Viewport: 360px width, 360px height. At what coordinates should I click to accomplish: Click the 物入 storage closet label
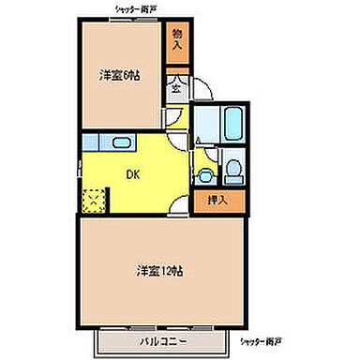[x=176, y=42]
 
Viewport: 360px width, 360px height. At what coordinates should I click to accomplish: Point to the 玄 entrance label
[x=175, y=90]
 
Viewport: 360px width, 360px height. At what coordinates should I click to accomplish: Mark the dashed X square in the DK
[x=95, y=201]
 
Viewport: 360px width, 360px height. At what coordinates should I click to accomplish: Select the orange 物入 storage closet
[x=176, y=42]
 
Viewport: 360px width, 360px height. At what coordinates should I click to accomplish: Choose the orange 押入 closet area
[x=219, y=199]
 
